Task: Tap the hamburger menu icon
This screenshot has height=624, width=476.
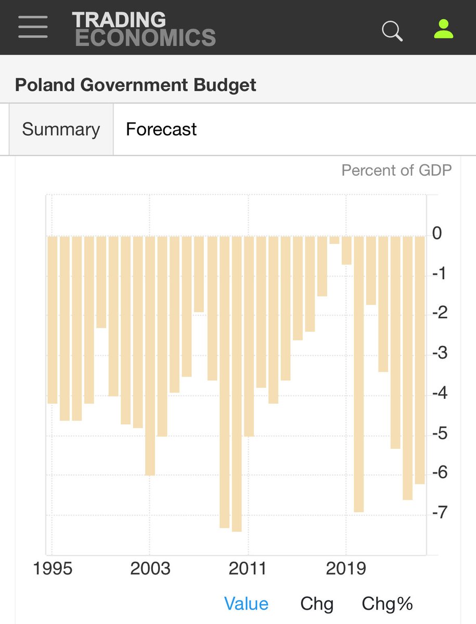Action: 33,27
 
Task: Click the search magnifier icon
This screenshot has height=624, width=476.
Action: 392,30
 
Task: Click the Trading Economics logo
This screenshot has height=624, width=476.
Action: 144,29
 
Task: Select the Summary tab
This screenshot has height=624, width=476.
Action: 61,129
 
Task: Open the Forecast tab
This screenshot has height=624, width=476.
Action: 161,129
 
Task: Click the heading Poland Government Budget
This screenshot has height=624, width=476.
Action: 135,85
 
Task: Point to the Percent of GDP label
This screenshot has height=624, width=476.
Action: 396,170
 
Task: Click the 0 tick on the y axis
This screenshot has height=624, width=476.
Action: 437,233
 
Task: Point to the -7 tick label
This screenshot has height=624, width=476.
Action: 439,513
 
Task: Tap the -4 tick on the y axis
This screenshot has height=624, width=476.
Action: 439,393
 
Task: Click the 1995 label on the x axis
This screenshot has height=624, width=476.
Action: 53,568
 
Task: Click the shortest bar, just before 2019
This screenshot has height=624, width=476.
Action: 334,240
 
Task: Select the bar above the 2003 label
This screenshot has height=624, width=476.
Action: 150,356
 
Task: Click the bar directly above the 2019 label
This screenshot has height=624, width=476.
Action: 346,250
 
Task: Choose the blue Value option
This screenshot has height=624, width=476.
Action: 246,604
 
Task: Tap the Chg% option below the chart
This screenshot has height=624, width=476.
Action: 387,604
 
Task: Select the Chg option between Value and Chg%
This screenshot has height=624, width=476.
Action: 317,604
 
